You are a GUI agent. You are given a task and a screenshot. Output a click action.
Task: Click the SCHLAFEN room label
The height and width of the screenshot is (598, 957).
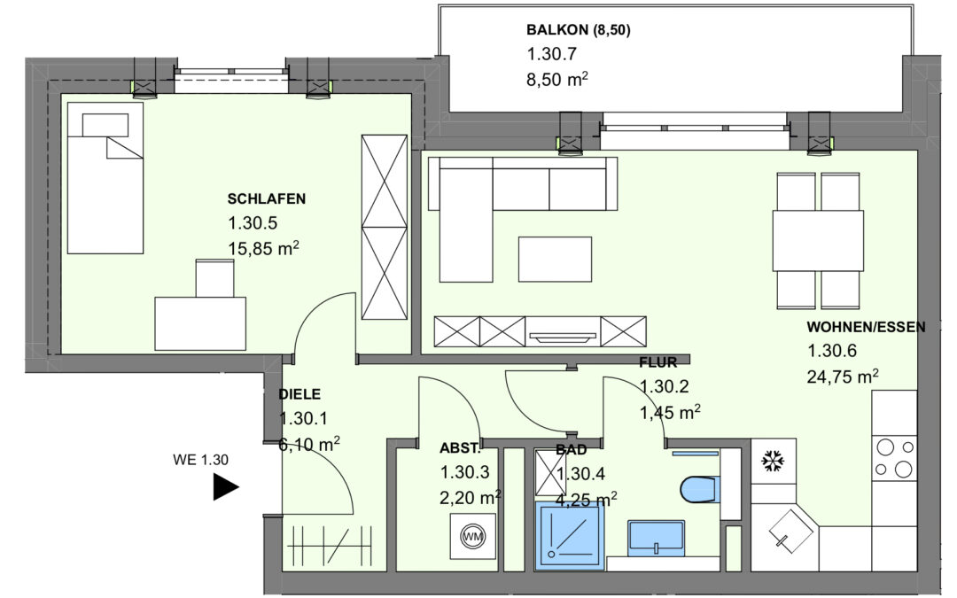click(x=266, y=199)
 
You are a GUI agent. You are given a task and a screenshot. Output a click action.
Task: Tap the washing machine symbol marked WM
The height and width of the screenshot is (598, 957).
click(x=472, y=536)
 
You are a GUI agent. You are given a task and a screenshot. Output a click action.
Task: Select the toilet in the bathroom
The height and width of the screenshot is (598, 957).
click(x=699, y=489)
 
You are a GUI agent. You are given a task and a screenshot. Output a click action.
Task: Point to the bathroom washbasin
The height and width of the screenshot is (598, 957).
click(x=656, y=538)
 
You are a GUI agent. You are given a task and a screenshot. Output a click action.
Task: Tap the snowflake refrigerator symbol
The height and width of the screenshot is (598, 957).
click(x=773, y=462)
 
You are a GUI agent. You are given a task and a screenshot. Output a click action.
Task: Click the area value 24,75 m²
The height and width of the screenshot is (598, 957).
click(x=843, y=377)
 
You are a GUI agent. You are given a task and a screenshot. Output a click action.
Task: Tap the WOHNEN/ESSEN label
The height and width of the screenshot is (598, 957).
click(x=866, y=327)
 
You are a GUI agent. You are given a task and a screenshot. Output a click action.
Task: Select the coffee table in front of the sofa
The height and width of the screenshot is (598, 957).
click(x=555, y=260)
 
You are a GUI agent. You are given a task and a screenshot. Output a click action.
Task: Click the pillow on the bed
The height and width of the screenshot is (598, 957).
click(x=105, y=125)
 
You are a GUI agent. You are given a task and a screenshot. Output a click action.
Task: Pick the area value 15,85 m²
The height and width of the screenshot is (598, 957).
click(x=263, y=248)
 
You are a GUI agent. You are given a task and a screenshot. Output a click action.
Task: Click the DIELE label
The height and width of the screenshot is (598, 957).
click(x=300, y=394)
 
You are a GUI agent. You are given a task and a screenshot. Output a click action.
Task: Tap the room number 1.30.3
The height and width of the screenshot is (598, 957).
click(x=464, y=472)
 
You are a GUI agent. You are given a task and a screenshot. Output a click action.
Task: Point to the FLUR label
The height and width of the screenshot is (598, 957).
click(x=657, y=362)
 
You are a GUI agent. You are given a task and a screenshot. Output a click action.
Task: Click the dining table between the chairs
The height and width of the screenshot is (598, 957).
click(x=818, y=240)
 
